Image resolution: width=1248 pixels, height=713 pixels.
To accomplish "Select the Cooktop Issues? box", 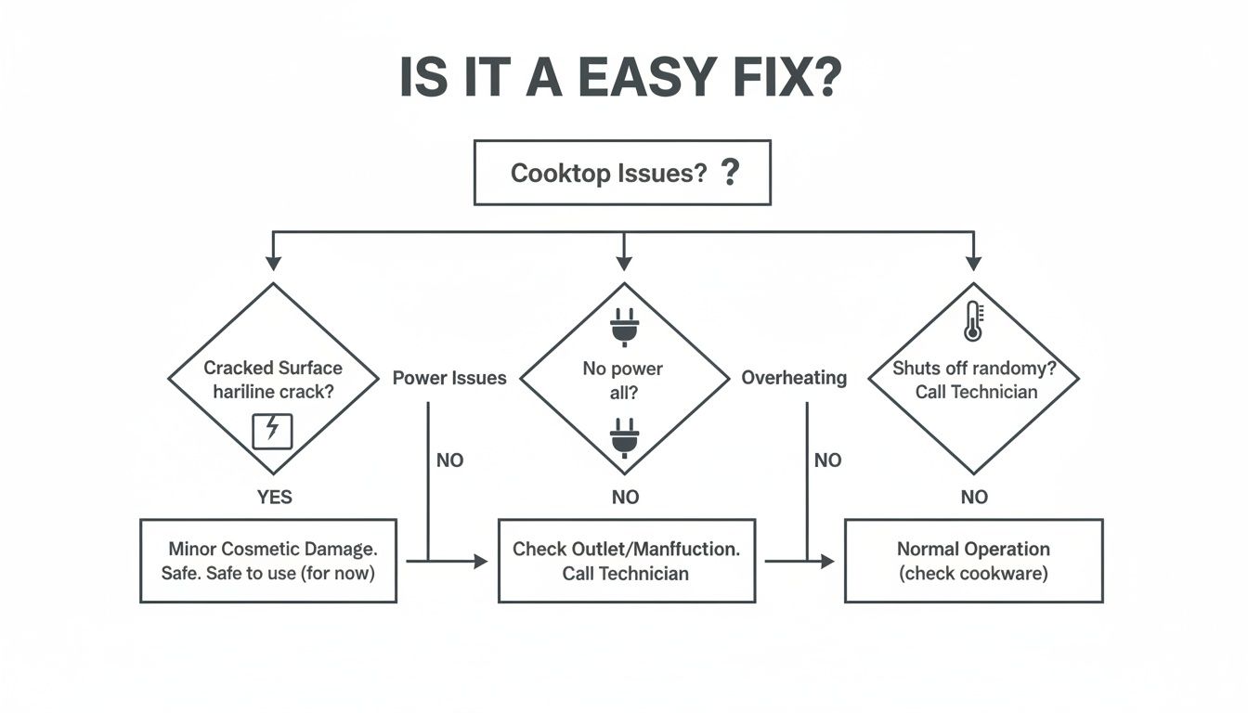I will (x=622, y=173).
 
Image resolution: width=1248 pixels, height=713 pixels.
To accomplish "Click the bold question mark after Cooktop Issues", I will (x=730, y=172).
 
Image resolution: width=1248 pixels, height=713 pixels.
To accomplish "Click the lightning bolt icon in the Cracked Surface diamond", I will (x=272, y=429).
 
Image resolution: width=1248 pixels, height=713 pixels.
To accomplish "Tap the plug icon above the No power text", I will (x=622, y=328).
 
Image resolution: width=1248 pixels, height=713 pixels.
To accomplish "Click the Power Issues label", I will (x=449, y=378).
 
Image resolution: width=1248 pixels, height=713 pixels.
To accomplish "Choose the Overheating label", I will (x=794, y=378).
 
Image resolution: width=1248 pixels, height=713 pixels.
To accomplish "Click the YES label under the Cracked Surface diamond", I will (x=274, y=498).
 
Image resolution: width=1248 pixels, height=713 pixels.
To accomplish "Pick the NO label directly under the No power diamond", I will (x=625, y=498).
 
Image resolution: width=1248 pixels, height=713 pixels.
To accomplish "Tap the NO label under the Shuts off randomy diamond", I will (x=974, y=498).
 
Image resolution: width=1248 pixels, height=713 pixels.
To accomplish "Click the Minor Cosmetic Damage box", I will (x=268, y=561).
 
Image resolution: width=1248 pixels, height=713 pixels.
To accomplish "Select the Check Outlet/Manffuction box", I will (x=626, y=561).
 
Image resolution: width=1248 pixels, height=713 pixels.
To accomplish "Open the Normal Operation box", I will (x=973, y=561).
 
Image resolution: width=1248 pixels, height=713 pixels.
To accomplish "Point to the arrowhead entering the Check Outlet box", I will (x=480, y=561).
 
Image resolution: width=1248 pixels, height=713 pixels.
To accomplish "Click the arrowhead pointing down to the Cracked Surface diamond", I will (x=272, y=264).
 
